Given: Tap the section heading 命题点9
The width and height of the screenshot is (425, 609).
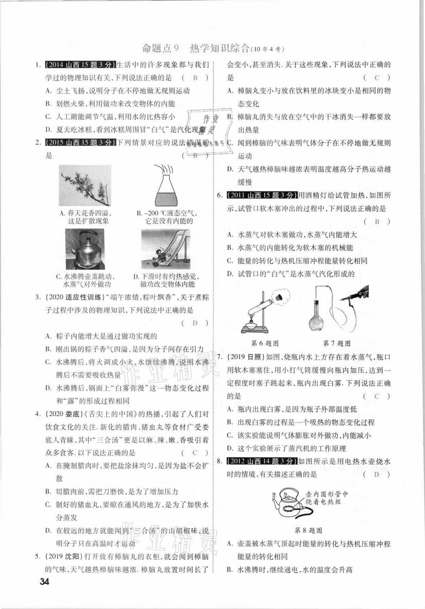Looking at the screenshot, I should click(x=160, y=48).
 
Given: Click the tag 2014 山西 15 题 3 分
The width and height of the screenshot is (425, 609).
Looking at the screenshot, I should click(x=80, y=65).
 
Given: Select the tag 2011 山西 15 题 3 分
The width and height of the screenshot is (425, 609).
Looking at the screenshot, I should click(x=261, y=195).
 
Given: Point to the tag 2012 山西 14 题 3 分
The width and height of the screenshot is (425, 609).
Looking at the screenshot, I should click(x=261, y=461).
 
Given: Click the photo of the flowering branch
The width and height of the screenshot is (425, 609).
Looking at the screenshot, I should click(x=85, y=186).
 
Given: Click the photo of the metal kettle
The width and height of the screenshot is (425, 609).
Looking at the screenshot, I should click(x=85, y=249).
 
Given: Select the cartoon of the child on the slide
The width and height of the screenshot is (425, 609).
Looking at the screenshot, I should click(x=166, y=249).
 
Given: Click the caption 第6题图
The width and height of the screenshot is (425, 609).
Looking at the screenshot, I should click(x=265, y=343).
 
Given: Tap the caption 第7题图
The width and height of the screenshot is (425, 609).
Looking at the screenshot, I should click(x=337, y=343).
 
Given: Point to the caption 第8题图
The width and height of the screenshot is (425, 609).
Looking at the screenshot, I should click(x=308, y=530).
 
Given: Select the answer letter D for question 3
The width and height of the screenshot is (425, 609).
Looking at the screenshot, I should click(x=195, y=323).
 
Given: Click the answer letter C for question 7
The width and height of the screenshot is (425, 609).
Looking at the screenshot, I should click(x=376, y=396).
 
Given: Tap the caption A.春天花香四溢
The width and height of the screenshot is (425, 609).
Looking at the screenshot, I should click(x=85, y=214).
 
